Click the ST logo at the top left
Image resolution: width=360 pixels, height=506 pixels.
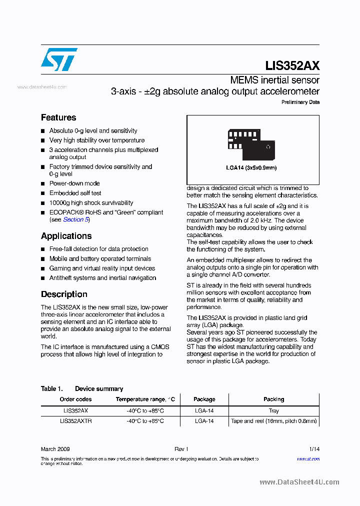coord(59,59)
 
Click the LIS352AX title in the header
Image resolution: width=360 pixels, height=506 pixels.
coord(292,65)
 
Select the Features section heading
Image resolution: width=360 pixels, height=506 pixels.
coord(58,117)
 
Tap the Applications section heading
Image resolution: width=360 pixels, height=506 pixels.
coord(66,236)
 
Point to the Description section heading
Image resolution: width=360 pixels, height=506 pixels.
coord(64,294)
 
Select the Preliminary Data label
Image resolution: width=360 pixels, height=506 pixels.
coord(300,102)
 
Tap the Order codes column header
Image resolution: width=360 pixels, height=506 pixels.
coord(75,399)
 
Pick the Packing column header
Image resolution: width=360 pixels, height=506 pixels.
coord(273,399)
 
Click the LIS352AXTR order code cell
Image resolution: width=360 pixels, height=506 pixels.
coord(75,421)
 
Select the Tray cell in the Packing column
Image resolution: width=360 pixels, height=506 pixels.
coord(273,410)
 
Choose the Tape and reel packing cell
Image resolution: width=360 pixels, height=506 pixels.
coord(273,421)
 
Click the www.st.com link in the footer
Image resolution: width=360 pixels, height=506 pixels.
coord(308,458)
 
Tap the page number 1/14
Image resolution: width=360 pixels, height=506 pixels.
coord(314,449)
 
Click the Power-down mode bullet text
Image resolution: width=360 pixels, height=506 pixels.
coord(74,183)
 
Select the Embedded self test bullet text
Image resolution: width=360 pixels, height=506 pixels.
coord(75,193)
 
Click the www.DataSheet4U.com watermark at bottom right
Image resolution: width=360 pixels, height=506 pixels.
coord(299,482)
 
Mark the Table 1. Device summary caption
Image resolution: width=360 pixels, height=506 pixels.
coord(82,388)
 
